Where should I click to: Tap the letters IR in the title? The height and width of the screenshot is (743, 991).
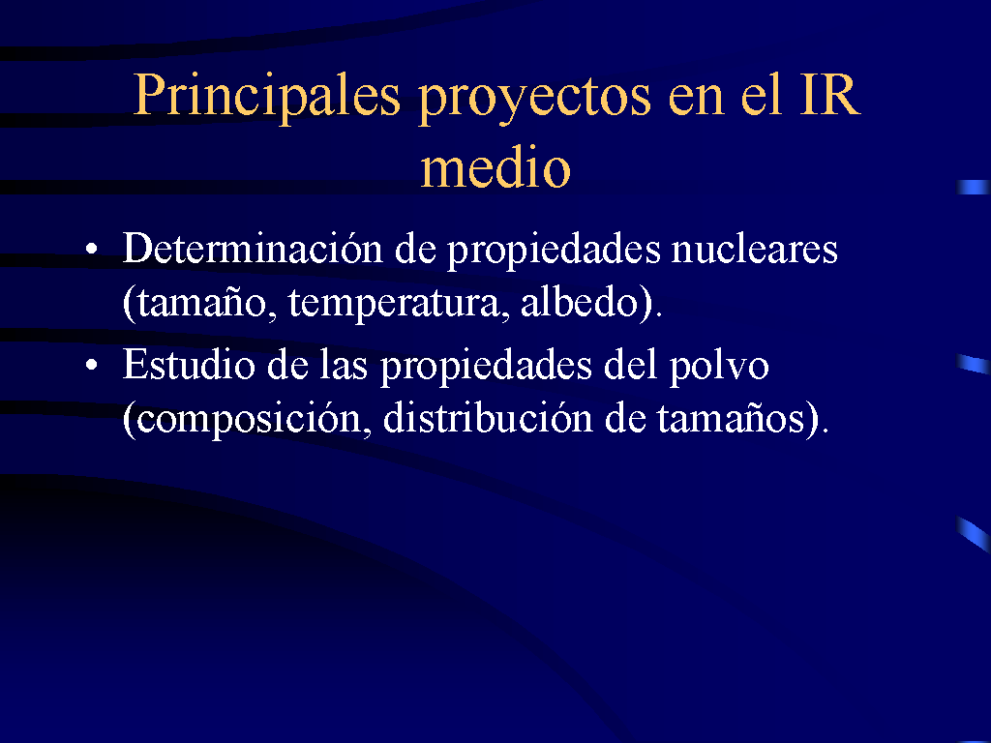[x=829, y=95]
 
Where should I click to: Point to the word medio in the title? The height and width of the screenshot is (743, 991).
[x=495, y=166]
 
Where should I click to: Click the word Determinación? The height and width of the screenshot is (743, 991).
[x=253, y=248]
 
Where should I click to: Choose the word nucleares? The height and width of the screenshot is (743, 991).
[x=754, y=249]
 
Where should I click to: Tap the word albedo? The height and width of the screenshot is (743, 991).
[x=580, y=302]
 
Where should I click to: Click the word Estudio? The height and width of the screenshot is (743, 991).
[x=188, y=364]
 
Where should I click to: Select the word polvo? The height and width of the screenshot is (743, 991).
[x=719, y=367]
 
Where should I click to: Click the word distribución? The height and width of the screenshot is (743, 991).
[x=488, y=417]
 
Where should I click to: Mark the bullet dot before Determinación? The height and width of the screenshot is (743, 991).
[x=92, y=249]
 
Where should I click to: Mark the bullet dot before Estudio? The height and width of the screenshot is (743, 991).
[x=92, y=365]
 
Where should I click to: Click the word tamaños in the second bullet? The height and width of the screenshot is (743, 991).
[x=732, y=418]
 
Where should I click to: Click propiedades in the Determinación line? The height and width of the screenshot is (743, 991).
[x=554, y=251]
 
